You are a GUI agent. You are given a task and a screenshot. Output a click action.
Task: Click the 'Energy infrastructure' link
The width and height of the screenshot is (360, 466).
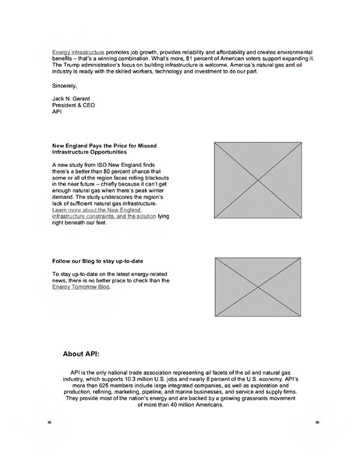pos(78,52)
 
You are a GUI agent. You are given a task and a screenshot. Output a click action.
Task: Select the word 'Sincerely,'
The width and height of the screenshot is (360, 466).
pos(65,86)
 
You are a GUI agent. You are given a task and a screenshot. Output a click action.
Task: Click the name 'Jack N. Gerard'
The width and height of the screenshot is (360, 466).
pos(71,98)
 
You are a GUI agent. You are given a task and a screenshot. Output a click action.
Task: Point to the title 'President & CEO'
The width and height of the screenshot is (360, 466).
pos(73,105)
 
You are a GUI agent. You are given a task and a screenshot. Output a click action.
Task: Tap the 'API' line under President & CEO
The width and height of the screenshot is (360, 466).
pos(57,112)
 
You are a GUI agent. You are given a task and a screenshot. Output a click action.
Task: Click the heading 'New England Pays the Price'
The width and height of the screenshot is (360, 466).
pos(104,146)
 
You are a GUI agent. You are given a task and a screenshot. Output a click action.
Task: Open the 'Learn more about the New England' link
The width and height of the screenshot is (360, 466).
pos(97,210)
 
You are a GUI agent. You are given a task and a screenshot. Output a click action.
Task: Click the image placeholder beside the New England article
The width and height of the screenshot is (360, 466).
pos(258,180)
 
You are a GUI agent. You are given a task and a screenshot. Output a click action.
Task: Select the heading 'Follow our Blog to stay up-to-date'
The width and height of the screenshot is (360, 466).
pos(97,262)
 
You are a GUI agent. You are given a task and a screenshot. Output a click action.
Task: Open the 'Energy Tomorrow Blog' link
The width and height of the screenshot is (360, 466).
pos(81,287)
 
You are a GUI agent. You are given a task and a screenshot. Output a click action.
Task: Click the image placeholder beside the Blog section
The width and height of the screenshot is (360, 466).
pos(258,287)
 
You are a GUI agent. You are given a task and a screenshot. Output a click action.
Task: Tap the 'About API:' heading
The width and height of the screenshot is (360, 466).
pos(81,354)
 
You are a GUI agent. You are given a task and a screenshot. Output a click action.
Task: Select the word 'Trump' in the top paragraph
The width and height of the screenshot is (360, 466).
pos(71,65)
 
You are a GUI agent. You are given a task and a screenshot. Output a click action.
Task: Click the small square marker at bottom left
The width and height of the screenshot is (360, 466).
pos(50,422)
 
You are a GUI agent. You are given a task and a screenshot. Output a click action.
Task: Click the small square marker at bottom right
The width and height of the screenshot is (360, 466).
pos(317,422)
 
